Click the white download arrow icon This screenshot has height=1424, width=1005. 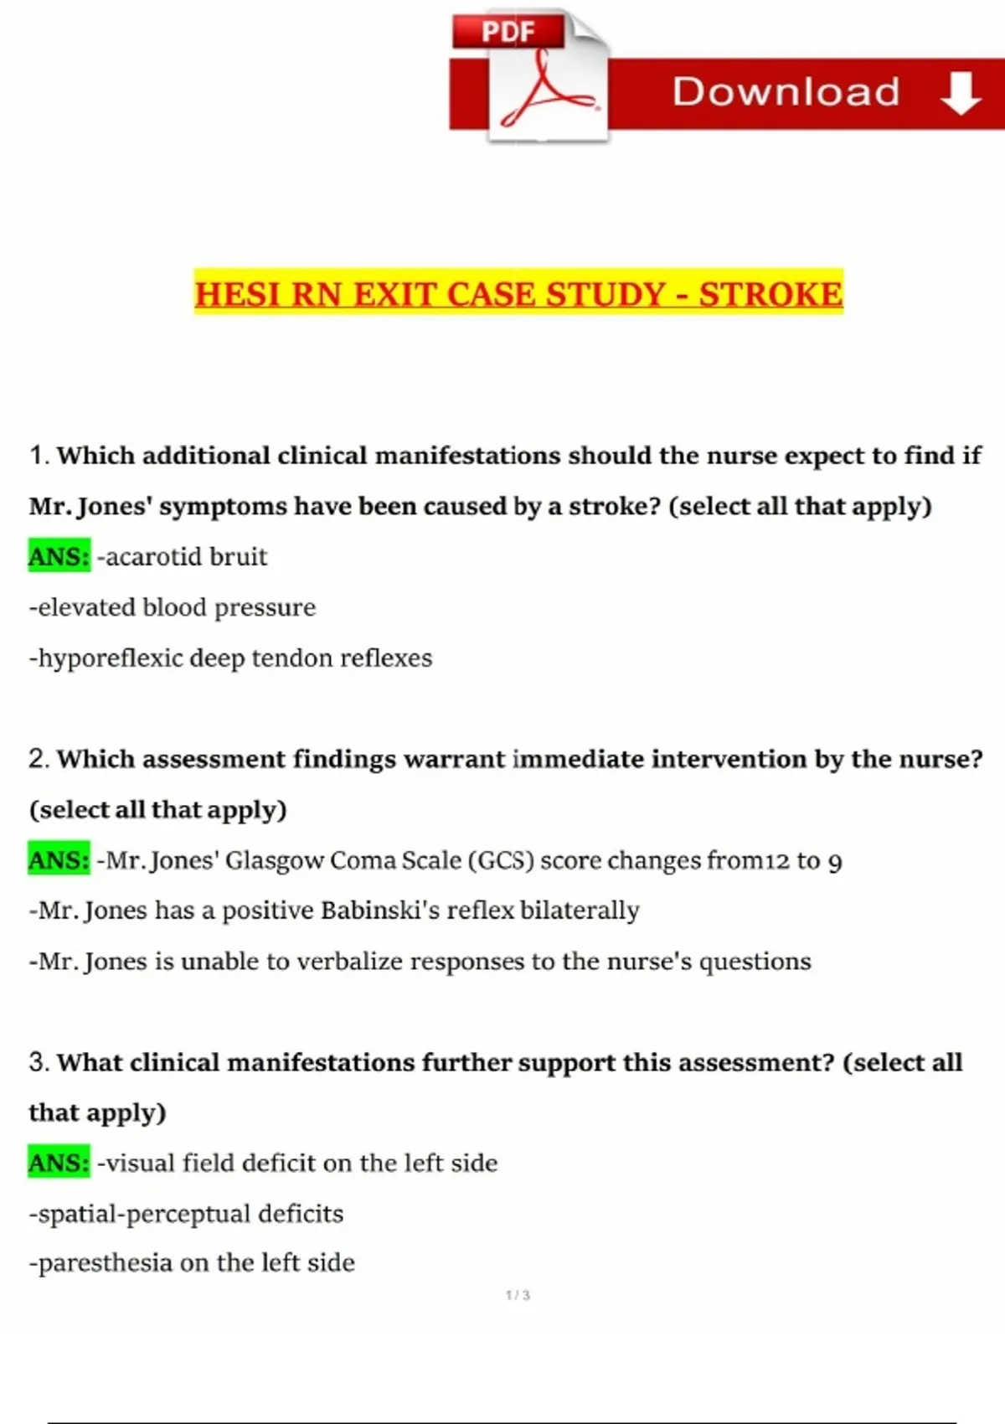pyautogui.click(x=961, y=92)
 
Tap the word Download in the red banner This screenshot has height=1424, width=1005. pyautogui.click(x=786, y=92)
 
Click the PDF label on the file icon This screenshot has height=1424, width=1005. pyautogui.click(x=508, y=32)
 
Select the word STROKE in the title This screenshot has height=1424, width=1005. pyautogui.click(x=770, y=295)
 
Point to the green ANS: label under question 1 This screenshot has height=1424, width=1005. pyautogui.click(x=59, y=556)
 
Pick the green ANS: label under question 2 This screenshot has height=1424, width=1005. pyautogui.click(x=59, y=860)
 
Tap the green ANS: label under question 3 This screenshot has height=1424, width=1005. pyautogui.click(x=59, y=1163)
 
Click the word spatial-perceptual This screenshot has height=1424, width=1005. pyautogui.click(x=144, y=1214)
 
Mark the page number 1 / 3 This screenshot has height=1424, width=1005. pyautogui.click(x=518, y=1295)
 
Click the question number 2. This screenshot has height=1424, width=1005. pyautogui.click(x=38, y=759)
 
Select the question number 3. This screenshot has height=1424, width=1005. pyautogui.click(x=38, y=1062)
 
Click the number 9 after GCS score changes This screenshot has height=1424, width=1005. pyautogui.click(x=834, y=862)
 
